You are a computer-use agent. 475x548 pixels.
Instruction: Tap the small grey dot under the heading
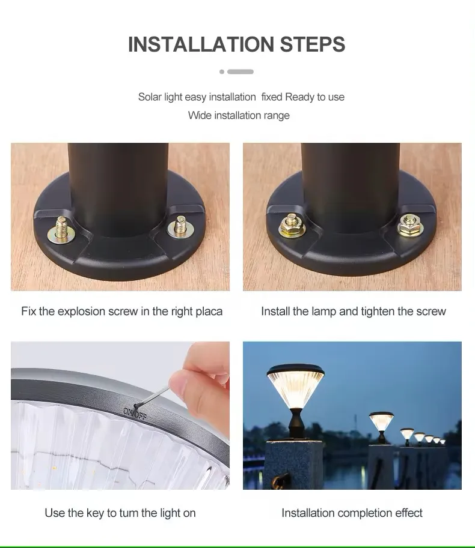(222, 71)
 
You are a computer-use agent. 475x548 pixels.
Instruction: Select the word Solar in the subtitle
(150, 97)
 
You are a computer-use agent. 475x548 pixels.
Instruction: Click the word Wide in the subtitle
(199, 115)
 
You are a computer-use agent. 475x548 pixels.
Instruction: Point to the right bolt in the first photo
(178, 227)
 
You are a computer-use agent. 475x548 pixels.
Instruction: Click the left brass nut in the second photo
(292, 224)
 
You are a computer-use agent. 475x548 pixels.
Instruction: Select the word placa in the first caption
(209, 312)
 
